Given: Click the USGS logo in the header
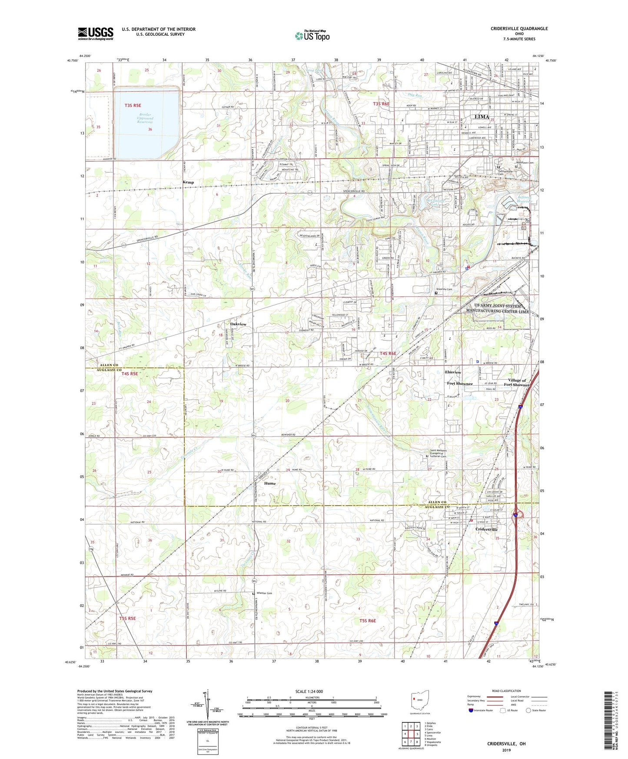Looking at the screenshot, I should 96,33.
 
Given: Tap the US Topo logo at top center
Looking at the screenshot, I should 312,36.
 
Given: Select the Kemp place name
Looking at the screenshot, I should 188,182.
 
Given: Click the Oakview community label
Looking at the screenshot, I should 238,324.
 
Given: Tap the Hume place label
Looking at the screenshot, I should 269,483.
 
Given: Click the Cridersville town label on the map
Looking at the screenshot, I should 486,529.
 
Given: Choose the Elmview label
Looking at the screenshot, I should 453,373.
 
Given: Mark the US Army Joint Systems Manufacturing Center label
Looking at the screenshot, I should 497,309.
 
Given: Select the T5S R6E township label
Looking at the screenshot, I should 367,621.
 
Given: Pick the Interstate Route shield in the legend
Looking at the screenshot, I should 472,711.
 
